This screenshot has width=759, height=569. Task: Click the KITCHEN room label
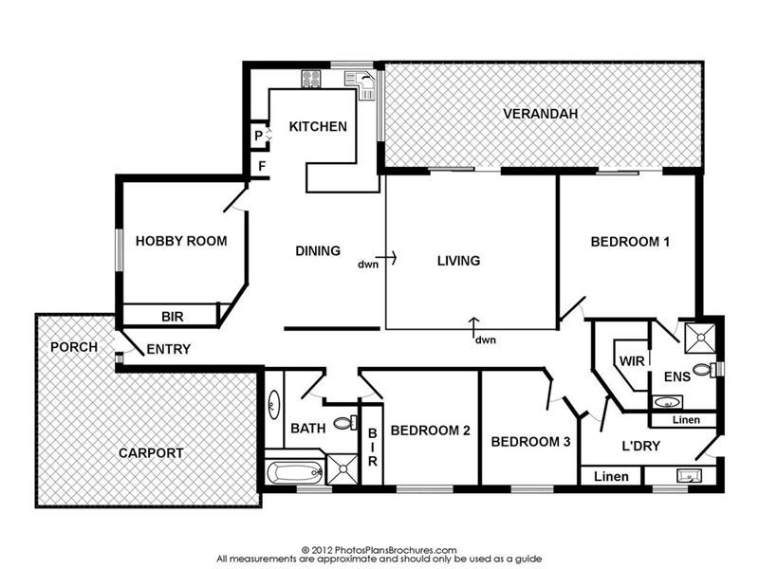pyautogui.click(x=318, y=127)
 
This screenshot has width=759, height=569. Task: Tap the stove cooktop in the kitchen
pyautogui.click(x=311, y=79)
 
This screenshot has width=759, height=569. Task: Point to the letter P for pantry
pyautogui.click(x=258, y=136)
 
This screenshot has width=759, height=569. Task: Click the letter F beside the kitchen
pyautogui.click(x=262, y=167)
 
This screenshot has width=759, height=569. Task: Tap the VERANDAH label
pyautogui.click(x=540, y=114)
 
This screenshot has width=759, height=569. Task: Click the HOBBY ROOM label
pyautogui.click(x=181, y=241)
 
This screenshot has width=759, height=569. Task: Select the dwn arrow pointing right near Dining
pyautogui.click(x=386, y=258)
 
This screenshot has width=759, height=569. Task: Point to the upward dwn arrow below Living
pyautogui.click(x=474, y=326)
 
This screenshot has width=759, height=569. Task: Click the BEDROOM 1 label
pyautogui.click(x=630, y=242)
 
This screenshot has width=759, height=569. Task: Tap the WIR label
pyautogui.click(x=632, y=361)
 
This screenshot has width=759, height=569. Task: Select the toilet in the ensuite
pyautogui.click(x=704, y=370)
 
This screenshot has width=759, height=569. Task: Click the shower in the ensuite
pyautogui.click(x=700, y=339)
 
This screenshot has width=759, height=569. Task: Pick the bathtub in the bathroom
pyautogui.click(x=295, y=472)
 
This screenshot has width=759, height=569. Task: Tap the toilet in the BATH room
pyautogui.click(x=345, y=423)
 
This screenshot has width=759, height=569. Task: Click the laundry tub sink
pyautogui.click(x=690, y=476)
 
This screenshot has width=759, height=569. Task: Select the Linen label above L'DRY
pyautogui.click(x=686, y=420)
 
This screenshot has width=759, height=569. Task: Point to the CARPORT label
pyautogui.click(x=151, y=453)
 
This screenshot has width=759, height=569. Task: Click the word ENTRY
pyautogui.click(x=169, y=349)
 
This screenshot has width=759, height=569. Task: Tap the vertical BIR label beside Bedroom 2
pyautogui.click(x=372, y=447)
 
